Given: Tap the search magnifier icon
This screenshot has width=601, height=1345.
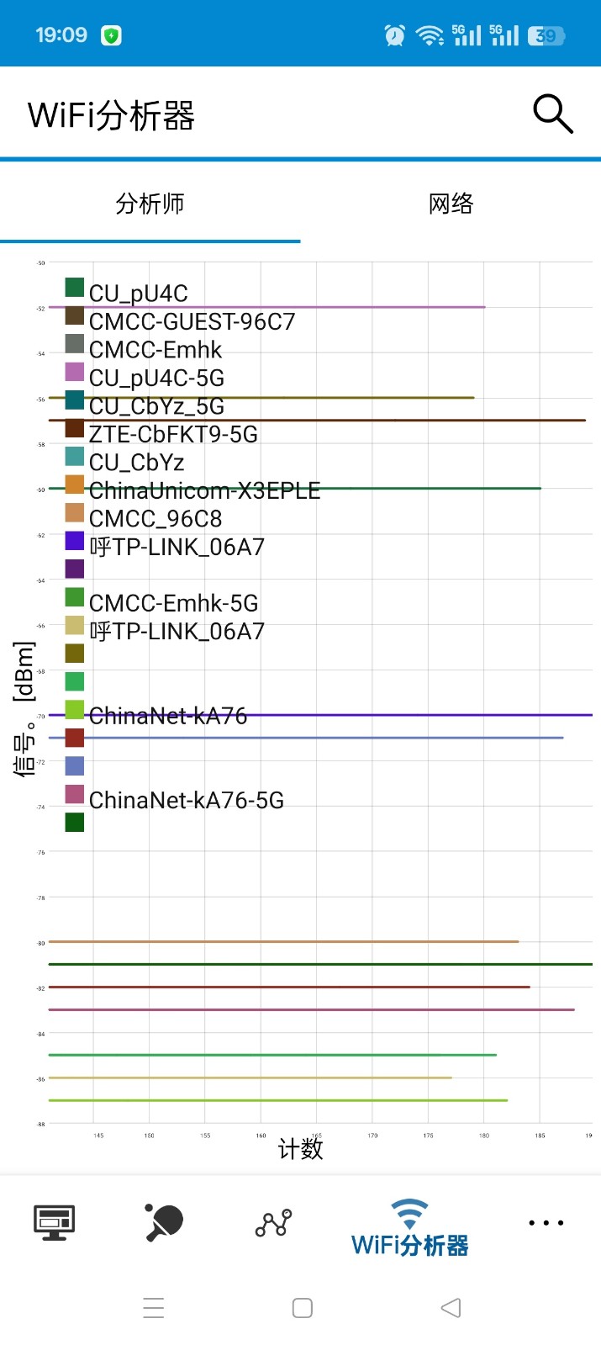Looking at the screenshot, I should pyautogui.click(x=553, y=114).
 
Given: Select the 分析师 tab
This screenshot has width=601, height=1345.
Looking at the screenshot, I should pyautogui.click(x=150, y=204).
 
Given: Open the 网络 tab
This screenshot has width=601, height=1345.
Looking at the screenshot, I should pyautogui.click(x=451, y=204).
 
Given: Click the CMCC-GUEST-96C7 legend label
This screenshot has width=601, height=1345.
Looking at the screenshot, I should pyautogui.click(x=192, y=321).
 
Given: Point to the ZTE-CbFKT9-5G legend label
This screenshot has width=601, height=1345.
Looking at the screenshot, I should pyautogui.click(x=173, y=434).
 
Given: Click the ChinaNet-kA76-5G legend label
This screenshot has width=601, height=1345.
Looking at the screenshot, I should pyautogui.click(x=187, y=800).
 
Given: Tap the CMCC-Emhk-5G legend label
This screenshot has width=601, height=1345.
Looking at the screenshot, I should pyautogui.click(x=173, y=603).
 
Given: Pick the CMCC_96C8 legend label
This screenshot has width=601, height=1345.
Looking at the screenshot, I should pyautogui.click(x=156, y=519).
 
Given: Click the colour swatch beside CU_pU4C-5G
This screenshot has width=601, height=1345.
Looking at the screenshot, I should pyautogui.click(x=75, y=372).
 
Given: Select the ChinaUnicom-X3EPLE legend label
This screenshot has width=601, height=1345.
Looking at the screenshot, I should pyautogui.click(x=204, y=490).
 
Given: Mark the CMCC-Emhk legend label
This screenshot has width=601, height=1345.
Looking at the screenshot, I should pyautogui.click(x=156, y=350).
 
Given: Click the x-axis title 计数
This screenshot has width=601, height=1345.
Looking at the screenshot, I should pyautogui.click(x=300, y=1149).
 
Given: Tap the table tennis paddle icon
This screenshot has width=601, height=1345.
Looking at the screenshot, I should pyautogui.click(x=164, y=1222).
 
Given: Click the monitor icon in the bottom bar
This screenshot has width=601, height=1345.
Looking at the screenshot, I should pyautogui.click(x=55, y=1222).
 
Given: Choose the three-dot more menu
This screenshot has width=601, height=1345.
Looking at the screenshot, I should pyautogui.click(x=546, y=1222).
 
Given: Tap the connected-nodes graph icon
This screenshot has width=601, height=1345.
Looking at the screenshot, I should pyautogui.click(x=273, y=1222).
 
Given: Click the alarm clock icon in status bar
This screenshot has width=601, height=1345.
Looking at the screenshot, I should pyautogui.click(x=394, y=35).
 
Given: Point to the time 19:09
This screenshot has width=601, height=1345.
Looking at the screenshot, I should pyautogui.click(x=61, y=35).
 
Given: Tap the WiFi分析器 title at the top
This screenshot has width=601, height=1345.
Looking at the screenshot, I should pyautogui.click(x=111, y=115).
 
